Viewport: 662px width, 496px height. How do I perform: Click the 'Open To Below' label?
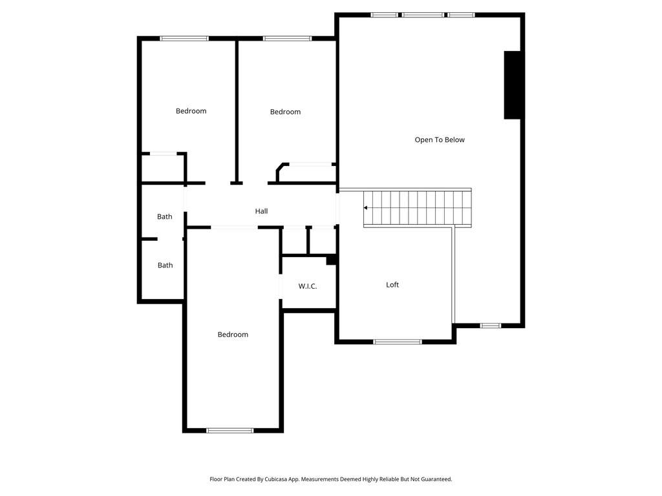pyautogui.click(x=440, y=140)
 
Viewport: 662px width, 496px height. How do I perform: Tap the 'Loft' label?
pyautogui.click(x=392, y=285)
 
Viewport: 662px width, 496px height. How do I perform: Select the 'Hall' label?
pyautogui.click(x=261, y=211)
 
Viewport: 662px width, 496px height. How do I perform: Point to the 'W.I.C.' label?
pyautogui.click(x=308, y=286)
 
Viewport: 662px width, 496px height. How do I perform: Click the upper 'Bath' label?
pyautogui.click(x=165, y=217)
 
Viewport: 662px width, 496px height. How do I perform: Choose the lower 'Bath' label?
pyautogui.click(x=165, y=265)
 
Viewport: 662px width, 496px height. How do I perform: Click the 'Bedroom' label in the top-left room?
pyautogui.click(x=191, y=111)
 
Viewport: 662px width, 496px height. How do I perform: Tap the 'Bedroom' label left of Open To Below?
pyautogui.click(x=285, y=112)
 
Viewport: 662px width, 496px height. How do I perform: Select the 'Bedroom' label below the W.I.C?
pyautogui.click(x=233, y=335)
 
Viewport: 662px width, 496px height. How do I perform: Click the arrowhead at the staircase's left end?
pyautogui.click(x=366, y=208)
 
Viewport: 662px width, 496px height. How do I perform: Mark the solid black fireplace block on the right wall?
pyautogui.click(x=513, y=85)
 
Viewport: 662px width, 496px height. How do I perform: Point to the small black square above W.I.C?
pyautogui.click(x=331, y=260)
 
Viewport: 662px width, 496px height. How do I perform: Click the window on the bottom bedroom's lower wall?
pyautogui.click(x=230, y=430)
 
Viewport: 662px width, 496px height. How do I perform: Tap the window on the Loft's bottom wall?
pyautogui.click(x=398, y=342)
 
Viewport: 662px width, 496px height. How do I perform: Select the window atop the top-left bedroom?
pyautogui.click(x=184, y=39)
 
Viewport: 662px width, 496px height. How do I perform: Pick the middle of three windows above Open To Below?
pyautogui.click(x=423, y=15)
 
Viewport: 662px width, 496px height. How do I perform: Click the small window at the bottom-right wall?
pyautogui.click(x=490, y=325)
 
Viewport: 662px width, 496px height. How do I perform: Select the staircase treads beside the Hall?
pyautogui.click(x=417, y=208)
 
